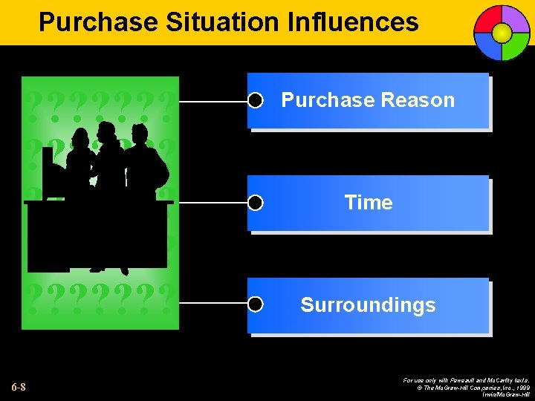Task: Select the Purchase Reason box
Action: (x=368, y=101)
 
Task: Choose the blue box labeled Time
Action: (x=368, y=203)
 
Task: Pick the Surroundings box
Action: (x=368, y=305)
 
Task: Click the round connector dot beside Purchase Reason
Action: (x=256, y=101)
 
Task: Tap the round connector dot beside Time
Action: (x=256, y=203)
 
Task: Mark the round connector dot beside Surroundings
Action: (x=256, y=304)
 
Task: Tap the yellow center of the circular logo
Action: (x=502, y=33)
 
